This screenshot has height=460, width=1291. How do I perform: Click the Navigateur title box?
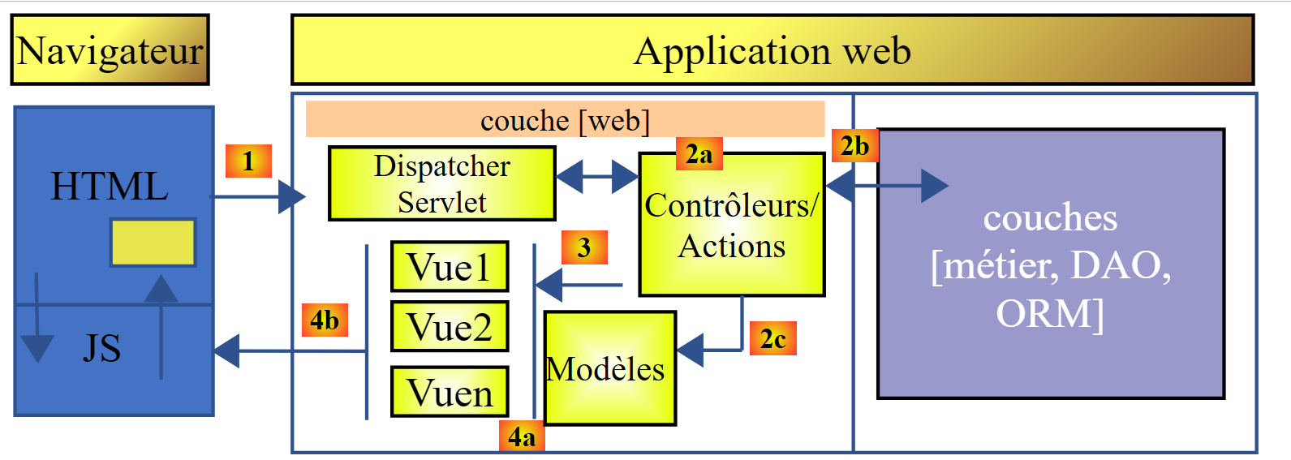pyautogui.click(x=110, y=50)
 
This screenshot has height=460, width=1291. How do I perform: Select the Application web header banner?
pyautogui.click(x=772, y=50)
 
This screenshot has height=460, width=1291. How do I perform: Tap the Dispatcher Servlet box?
pyautogui.click(x=441, y=183)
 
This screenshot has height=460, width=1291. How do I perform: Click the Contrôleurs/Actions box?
pyautogui.click(x=731, y=225)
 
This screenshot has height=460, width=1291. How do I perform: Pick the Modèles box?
pyautogui.click(x=609, y=368)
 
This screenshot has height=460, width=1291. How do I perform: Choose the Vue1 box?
pyautogui.click(x=450, y=266)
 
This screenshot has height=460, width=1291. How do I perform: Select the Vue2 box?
pyautogui.click(x=450, y=326)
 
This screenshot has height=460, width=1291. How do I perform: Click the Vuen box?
pyautogui.click(x=450, y=392)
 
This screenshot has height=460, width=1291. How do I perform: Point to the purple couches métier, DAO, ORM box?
pyautogui.click(x=1051, y=264)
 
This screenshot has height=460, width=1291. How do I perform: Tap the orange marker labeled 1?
pyautogui.click(x=248, y=161)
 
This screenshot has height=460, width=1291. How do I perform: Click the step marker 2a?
pyautogui.click(x=699, y=153)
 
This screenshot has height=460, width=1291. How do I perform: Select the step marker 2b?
pyautogui.click(x=854, y=146)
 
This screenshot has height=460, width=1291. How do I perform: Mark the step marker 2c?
pyautogui.click(x=772, y=339)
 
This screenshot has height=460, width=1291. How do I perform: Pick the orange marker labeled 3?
pyautogui.click(x=584, y=247)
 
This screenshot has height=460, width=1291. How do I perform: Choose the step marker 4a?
pyautogui.click(x=522, y=436)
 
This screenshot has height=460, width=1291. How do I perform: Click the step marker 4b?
pyautogui.click(x=325, y=320)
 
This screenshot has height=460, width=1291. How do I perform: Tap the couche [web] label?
pyautogui.click(x=565, y=120)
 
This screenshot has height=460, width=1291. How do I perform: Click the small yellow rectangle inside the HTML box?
pyautogui.click(x=153, y=243)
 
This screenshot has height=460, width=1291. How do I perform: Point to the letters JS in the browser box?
pyautogui.click(x=101, y=348)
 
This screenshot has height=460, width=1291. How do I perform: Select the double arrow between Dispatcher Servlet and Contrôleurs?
pyautogui.click(x=597, y=176)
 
